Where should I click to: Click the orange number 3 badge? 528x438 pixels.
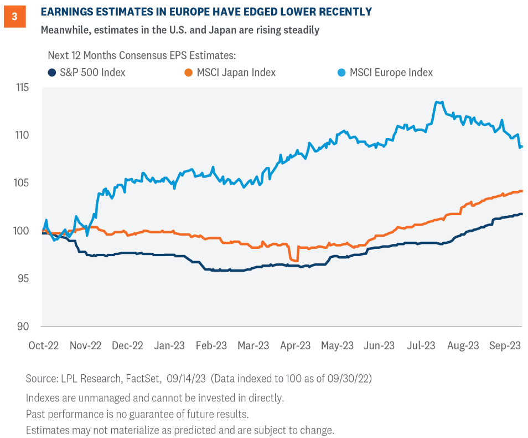click(14, 17)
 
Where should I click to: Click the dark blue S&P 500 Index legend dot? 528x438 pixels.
click(51, 73)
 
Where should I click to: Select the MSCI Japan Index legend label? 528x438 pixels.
click(235, 73)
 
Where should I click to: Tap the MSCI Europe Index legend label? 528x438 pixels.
click(391, 73)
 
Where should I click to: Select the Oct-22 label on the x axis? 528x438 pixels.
click(43, 345)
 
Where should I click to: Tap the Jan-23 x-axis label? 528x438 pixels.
click(169, 345)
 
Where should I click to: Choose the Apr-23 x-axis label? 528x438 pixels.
click(295, 345)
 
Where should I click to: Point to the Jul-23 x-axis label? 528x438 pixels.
click(421, 345)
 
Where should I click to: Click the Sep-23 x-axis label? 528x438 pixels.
click(504, 345)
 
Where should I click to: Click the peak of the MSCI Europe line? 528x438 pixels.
click(438, 102)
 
